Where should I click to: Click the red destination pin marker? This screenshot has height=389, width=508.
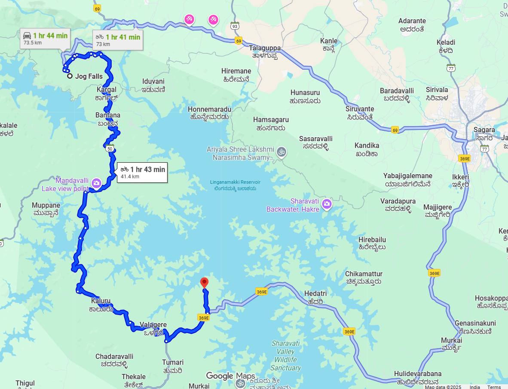(205, 282)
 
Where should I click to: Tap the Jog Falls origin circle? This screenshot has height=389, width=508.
(70, 76)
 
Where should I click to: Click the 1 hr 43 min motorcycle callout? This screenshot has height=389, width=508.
(142, 172)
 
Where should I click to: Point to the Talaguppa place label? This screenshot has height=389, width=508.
(265, 48)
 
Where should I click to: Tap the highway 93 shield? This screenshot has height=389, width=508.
(235, 26)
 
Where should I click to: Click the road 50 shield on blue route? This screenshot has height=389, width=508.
(110, 149)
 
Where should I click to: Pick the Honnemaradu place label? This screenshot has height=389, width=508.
(209, 110)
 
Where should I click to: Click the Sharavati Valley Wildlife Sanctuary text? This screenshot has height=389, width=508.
(285, 355)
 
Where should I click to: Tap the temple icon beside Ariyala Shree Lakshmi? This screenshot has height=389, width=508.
(282, 151)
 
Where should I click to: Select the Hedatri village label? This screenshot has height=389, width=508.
(315, 293)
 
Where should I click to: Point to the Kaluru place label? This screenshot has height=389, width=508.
(101, 301)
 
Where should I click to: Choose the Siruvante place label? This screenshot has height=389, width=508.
(359, 109)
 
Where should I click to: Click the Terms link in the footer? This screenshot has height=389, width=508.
(494, 387)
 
